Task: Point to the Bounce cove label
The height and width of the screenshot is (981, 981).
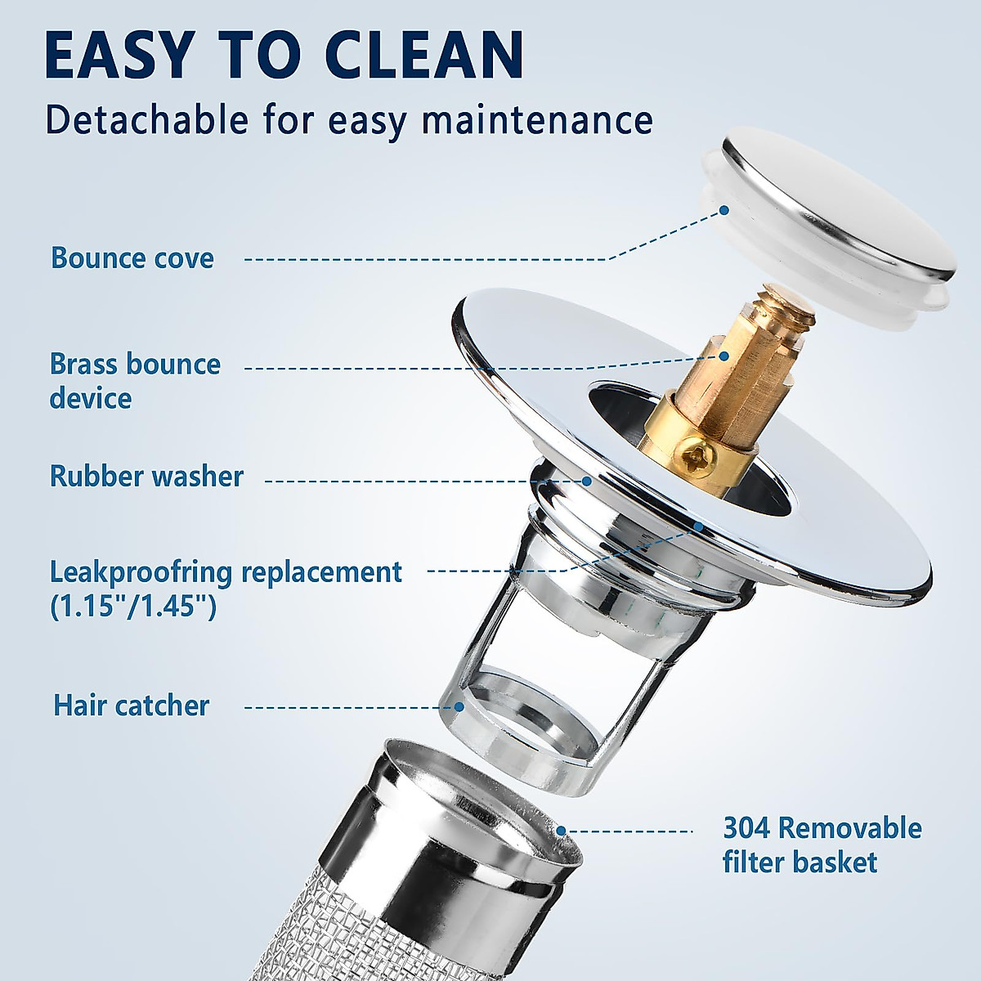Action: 132,258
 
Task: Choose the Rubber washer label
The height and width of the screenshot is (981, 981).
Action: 146,476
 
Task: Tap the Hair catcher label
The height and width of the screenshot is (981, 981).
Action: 132,705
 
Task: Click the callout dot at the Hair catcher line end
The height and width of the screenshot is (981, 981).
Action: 460,706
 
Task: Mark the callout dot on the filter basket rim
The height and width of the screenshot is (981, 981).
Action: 562,831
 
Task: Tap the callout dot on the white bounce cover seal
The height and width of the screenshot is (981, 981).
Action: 725,210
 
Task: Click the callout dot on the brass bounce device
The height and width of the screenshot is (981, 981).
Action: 723,356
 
